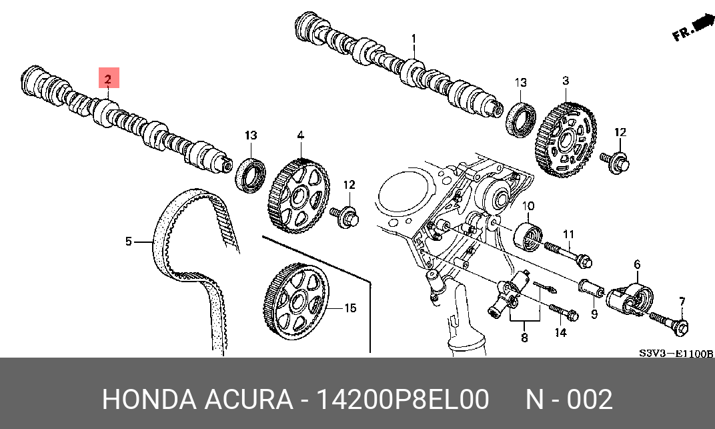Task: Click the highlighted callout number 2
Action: click(x=109, y=78)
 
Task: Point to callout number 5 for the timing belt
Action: click(x=129, y=241)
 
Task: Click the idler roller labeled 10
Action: click(x=530, y=235)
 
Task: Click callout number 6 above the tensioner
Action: click(x=636, y=265)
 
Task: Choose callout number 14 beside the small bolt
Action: click(x=561, y=332)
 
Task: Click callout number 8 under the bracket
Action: click(x=524, y=338)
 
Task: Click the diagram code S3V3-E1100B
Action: click(x=676, y=353)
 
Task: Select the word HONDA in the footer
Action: click(x=148, y=400)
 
